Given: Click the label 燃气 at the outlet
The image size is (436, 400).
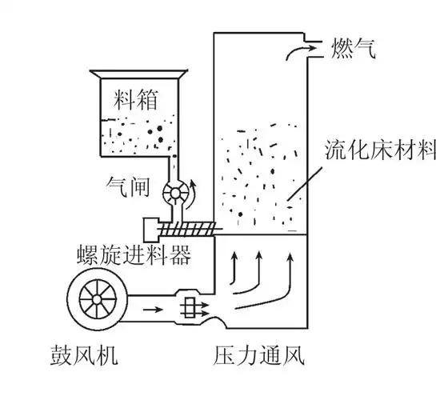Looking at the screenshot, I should point(350,50).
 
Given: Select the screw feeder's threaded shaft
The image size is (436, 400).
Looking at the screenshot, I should point(189,230).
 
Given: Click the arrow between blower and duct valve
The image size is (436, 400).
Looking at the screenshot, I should point(153,306).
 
